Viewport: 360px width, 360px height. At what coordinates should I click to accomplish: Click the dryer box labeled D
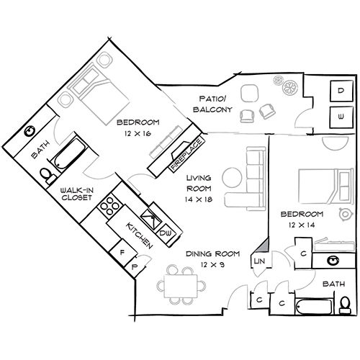tap(341, 91)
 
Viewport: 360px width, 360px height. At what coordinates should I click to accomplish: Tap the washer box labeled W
tap(341, 117)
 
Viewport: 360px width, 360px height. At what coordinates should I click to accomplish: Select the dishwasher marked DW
tap(166, 233)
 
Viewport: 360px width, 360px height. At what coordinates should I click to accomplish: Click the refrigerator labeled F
tap(123, 253)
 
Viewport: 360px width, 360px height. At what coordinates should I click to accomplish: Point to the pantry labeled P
tap(135, 267)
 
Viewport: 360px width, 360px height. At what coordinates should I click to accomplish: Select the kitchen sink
tap(151, 219)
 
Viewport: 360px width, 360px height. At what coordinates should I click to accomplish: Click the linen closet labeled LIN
tap(259, 261)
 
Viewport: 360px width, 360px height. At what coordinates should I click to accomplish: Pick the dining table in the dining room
tap(181, 287)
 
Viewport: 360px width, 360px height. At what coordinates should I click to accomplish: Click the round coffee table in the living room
tap(232, 178)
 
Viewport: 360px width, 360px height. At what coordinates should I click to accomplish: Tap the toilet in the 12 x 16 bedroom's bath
tap(47, 175)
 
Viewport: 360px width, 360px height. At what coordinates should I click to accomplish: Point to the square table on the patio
tap(250, 94)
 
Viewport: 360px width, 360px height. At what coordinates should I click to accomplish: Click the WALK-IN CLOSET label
tap(76, 194)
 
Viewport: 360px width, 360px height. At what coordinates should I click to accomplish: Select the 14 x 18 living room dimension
tap(199, 199)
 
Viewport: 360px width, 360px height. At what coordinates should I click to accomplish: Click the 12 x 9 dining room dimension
tap(212, 264)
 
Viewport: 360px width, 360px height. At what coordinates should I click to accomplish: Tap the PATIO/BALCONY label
tap(213, 104)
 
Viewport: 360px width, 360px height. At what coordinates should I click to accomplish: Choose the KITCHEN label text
tap(140, 235)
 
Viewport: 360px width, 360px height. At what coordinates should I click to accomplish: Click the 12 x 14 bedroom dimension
tap(302, 225)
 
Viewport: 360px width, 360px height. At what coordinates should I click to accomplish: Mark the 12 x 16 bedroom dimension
tap(138, 133)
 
